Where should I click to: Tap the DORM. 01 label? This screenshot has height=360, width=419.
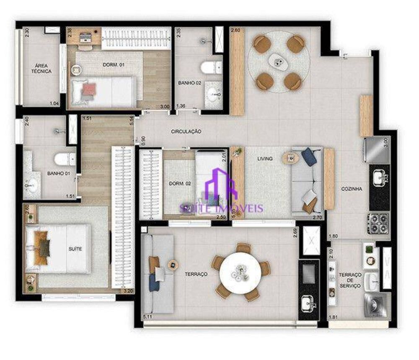(x=114, y=65)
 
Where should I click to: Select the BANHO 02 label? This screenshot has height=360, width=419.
(x=189, y=83)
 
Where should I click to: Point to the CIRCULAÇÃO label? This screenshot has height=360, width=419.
(x=186, y=131)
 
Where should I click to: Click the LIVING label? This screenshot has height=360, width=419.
(x=265, y=159)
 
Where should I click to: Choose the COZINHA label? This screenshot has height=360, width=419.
(x=352, y=189)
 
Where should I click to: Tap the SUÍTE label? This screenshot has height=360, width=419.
(x=76, y=249)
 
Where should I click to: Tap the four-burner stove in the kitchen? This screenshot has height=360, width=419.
(x=378, y=223)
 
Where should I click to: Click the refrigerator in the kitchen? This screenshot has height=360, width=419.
(x=376, y=150)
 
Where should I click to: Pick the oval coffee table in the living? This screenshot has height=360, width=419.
(x=290, y=158)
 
